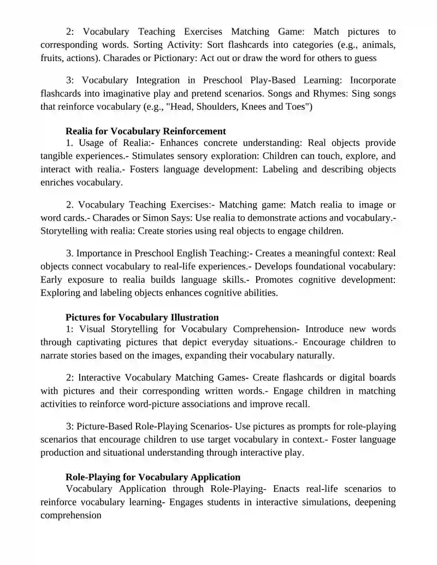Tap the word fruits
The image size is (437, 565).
point(52,57)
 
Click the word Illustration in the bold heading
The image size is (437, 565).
point(194,317)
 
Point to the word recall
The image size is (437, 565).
point(295,404)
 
